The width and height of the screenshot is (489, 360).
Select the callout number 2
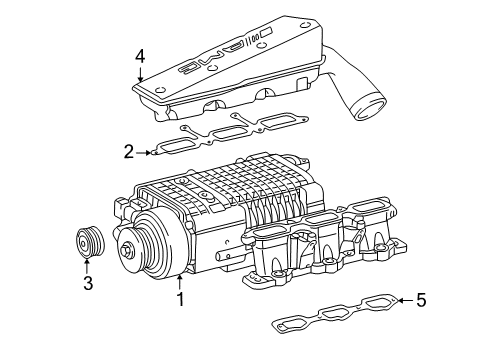pyautogui.click(x=128, y=152)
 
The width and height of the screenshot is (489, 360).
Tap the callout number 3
pyautogui.click(x=87, y=283)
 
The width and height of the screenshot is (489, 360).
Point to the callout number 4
pyautogui.click(x=141, y=57)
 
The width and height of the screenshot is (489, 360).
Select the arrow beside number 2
pyautogui.click(x=146, y=152)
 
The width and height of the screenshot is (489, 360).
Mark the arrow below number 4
pyautogui.click(x=141, y=74)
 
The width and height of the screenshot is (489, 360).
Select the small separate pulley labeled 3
pyautogui.click(x=87, y=243)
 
